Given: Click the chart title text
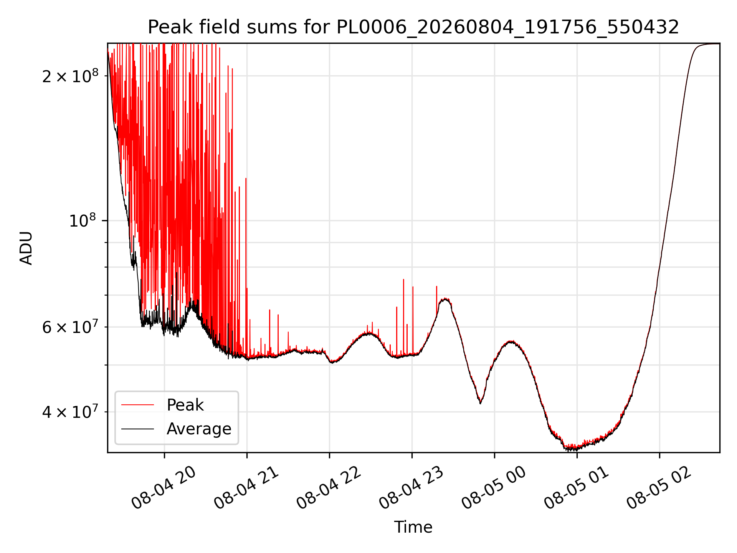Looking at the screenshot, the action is [x=413, y=27].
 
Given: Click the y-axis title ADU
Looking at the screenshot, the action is [x=26, y=248].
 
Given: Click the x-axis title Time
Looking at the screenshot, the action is [x=413, y=527].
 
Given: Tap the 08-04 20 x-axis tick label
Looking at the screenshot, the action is [x=164, y=488].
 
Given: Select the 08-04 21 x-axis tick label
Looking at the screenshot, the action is [x=246, y=488].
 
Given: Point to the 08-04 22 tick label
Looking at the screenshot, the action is [x=329, y=488].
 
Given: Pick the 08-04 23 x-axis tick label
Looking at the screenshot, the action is [x=412, y=488].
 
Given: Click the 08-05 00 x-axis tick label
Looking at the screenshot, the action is [x=494, y=488].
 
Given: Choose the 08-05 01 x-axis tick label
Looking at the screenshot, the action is [x=577, y=488].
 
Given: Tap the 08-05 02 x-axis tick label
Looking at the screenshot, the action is [x=659, y=488].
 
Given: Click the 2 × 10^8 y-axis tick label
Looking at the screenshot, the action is [x=70, y=76].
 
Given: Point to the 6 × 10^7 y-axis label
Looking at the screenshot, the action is [x=70, y=327].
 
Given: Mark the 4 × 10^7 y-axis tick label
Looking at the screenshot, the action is [x=70, y=412].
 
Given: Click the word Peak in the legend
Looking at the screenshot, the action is [x=185, y=405].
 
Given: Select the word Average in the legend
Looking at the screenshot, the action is [x=199, y=429].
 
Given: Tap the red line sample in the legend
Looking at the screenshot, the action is [x=137, y=405].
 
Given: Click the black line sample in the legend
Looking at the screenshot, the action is [x=137, y=429].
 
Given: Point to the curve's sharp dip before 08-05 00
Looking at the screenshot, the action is [x=480, y=403].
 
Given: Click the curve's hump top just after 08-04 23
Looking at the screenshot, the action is [x=445, y=299].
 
